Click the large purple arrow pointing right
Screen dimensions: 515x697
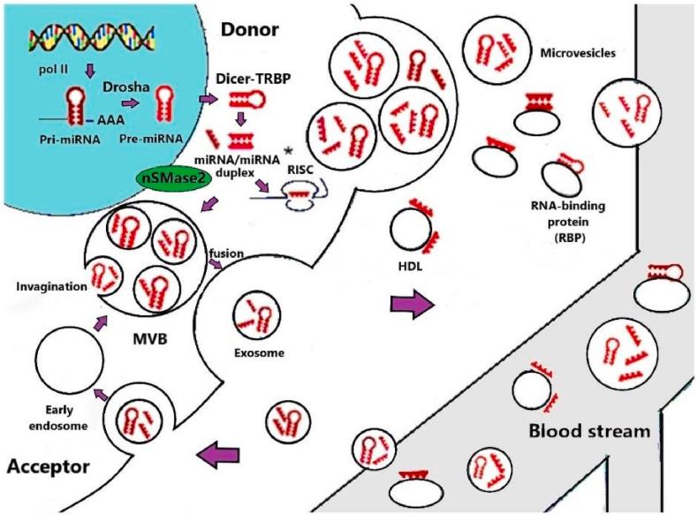pyautogui.click(x=413, y=307)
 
